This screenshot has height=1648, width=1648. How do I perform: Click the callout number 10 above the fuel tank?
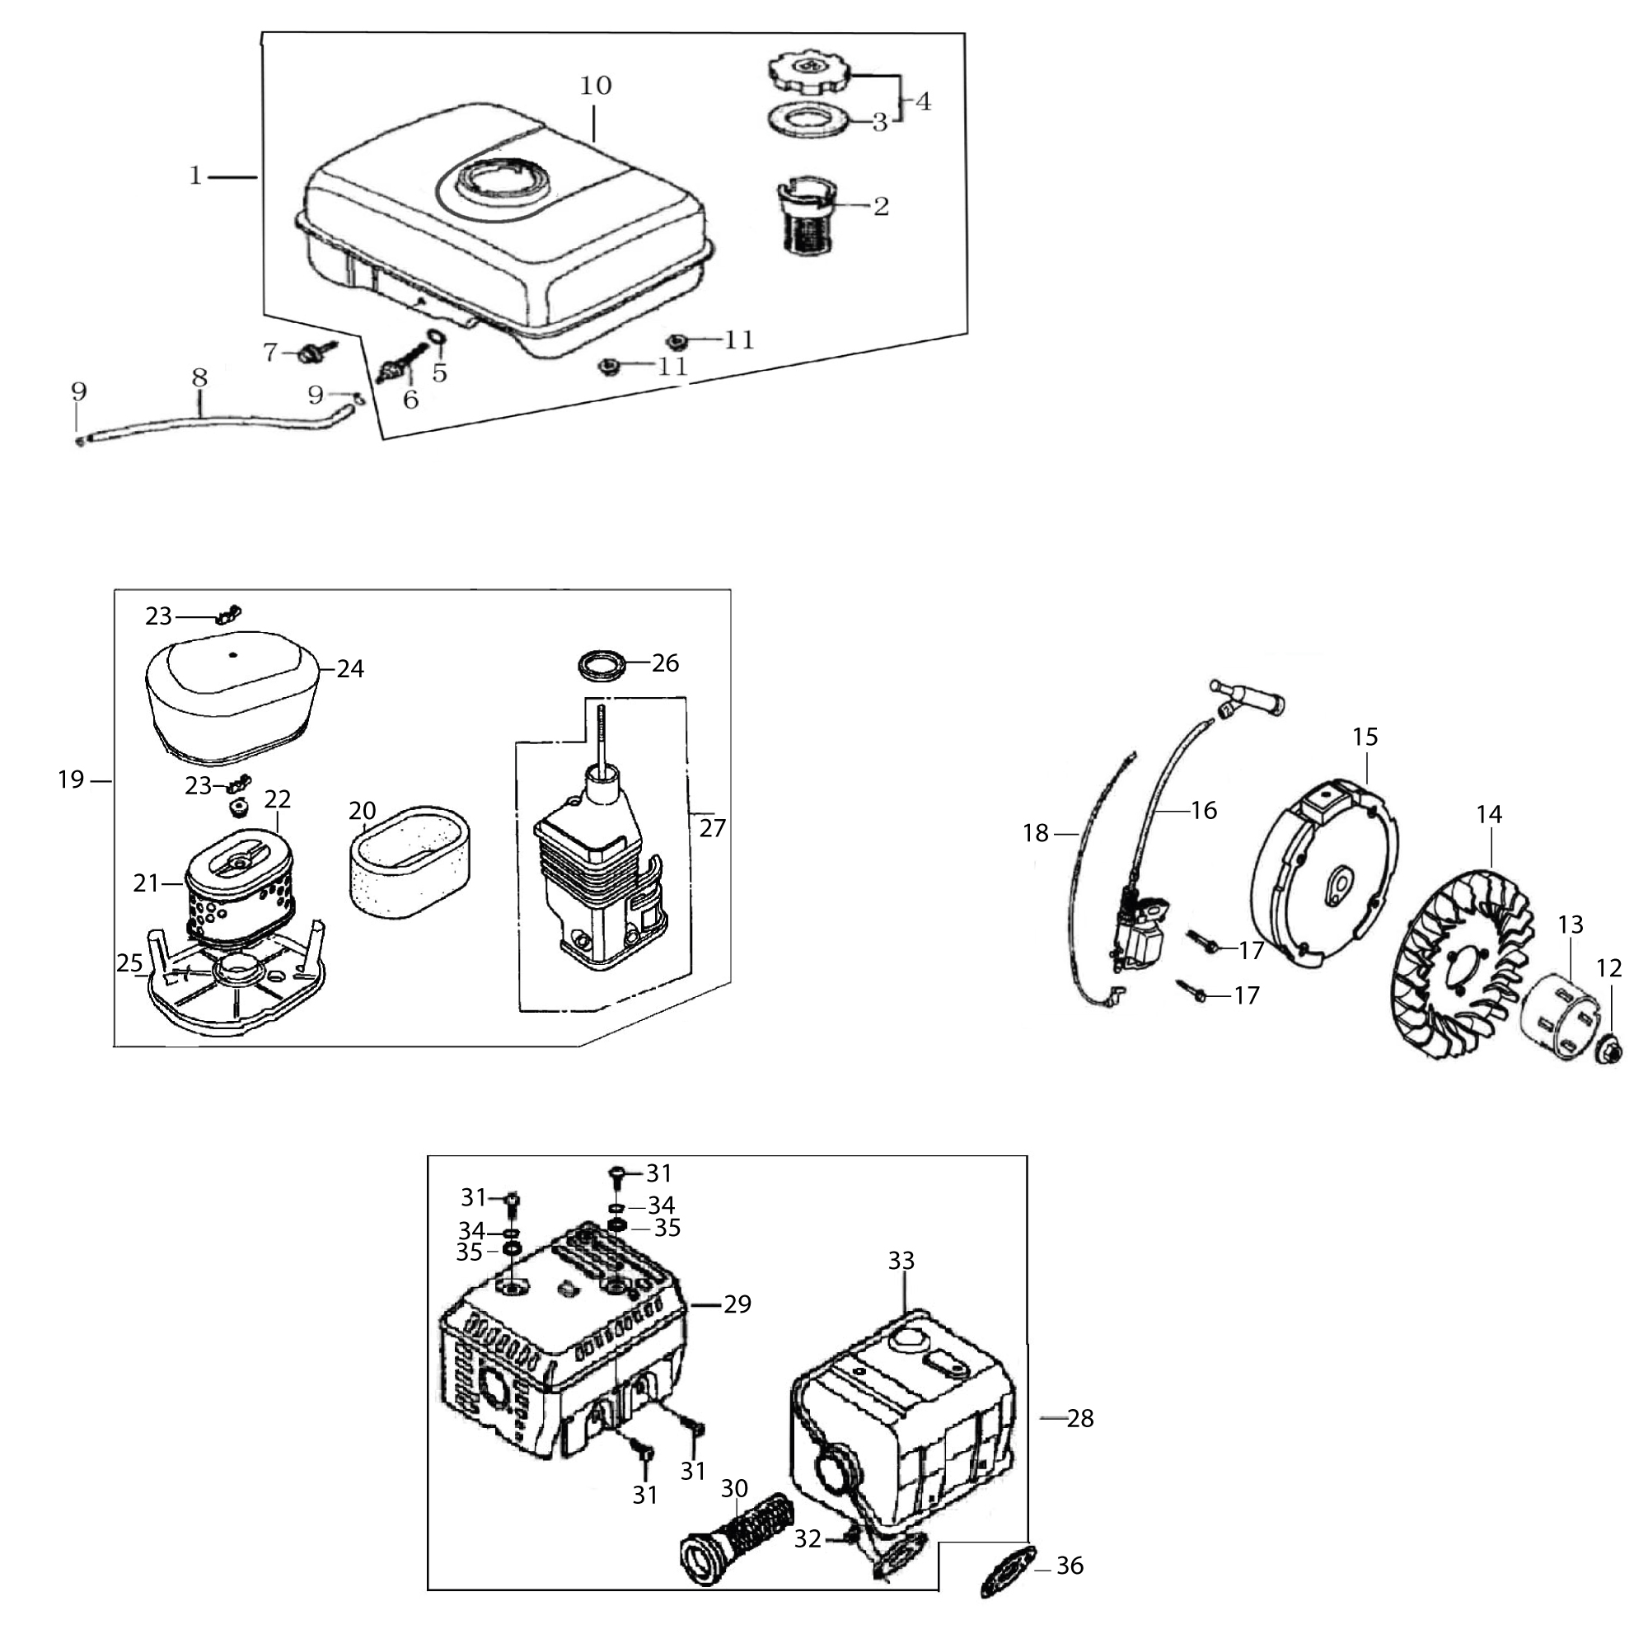596,86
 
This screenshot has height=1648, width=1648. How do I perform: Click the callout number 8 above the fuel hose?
199,377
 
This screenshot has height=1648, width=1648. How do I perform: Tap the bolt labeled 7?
310,353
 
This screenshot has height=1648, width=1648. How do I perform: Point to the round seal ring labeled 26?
601,662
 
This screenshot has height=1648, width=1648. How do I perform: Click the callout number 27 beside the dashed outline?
712,827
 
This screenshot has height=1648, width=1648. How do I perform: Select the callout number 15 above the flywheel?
1365,736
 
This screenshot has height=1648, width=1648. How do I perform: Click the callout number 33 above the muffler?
901,1261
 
